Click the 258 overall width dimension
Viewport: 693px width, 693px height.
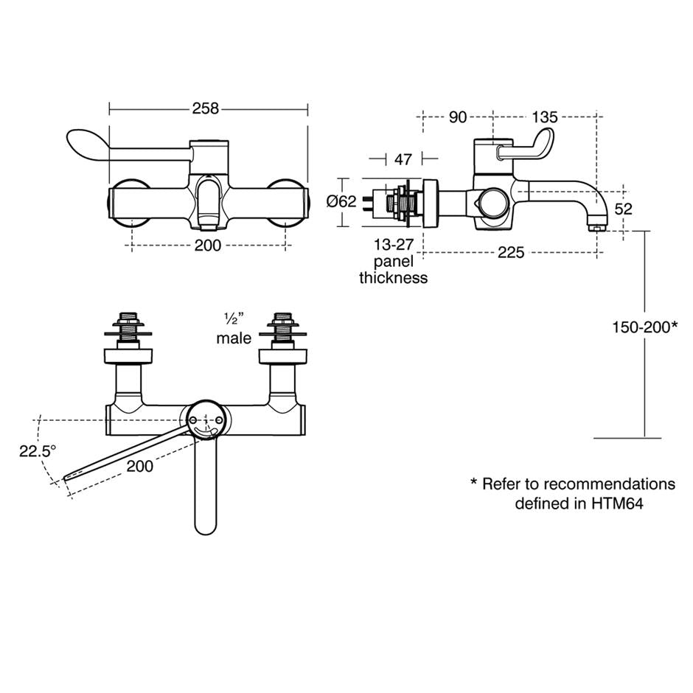pyautogui.click(x=206, y=108)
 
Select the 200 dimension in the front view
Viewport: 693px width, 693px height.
pyautogui.click(x=208, y=245)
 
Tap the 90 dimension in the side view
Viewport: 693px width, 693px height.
pyautogui.click(x=457, y=117)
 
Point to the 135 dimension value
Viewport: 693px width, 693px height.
pyautogui.click(x=544, y=117)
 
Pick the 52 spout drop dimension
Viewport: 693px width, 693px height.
pyautogui.click(x=624, y=209)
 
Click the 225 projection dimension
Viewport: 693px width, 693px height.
pyautogui.click(x=510, y=253)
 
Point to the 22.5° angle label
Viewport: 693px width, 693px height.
pyautogui.click(x=38, y=451)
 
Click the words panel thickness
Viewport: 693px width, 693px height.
pyautogui.click(x=393, y=270)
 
